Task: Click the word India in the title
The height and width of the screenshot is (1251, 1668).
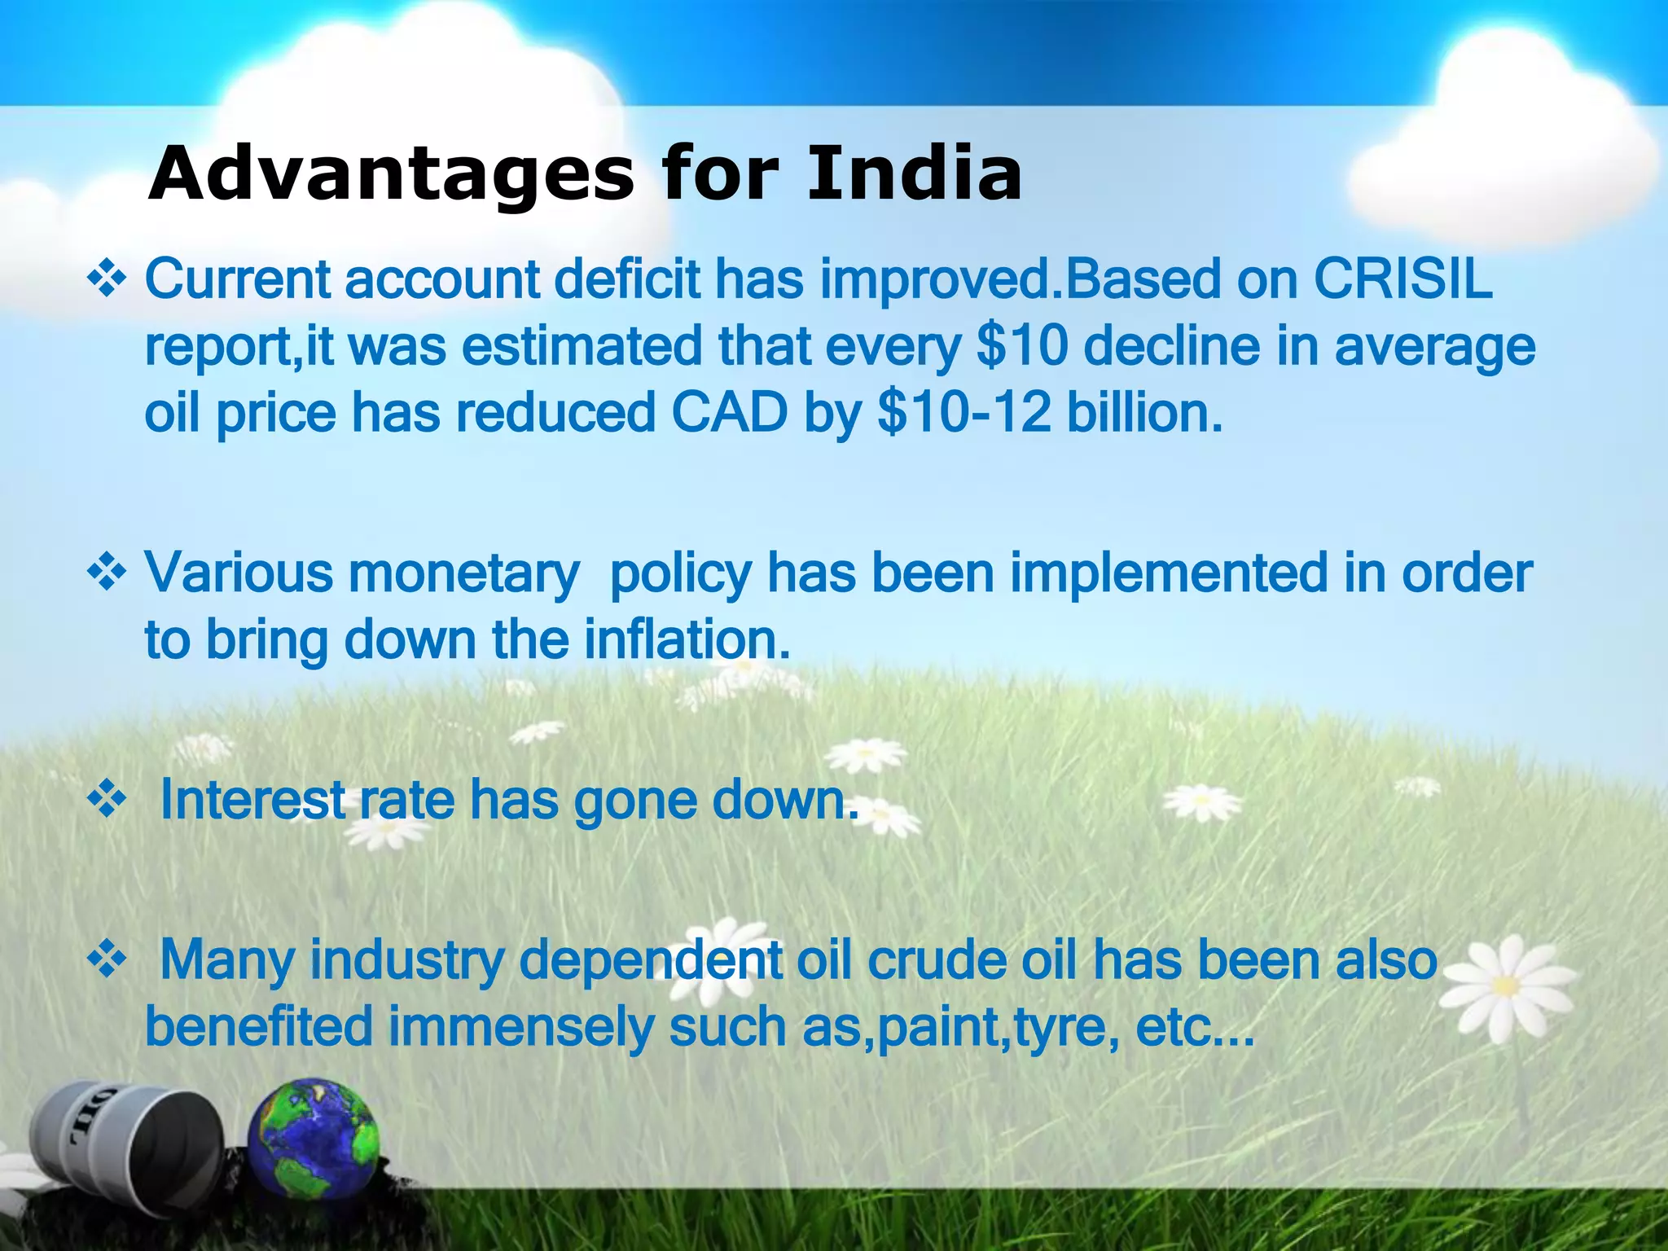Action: (x=914, y=174)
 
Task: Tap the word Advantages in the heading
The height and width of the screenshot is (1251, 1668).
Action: (x=391, y=174)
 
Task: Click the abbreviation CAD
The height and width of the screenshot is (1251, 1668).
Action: (x=730, y=413)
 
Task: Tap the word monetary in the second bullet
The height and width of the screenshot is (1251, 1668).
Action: (x=463, y=574)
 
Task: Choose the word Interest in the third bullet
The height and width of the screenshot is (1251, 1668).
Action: (x=252, y=800)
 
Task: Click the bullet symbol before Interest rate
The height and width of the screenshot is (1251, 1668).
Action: (x=107, y=801)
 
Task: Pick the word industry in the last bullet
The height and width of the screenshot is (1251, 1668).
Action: (x=407, y=961)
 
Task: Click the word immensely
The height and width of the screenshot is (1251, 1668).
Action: (x=521, y=1028)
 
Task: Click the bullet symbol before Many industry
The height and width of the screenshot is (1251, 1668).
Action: (x=107, y=962)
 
